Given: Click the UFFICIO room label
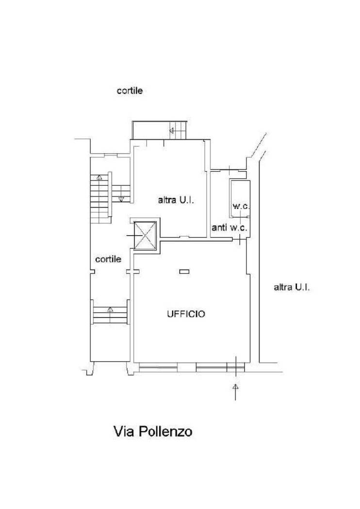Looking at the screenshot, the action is click(x=186, y=314).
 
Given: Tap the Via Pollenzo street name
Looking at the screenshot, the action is click(x=153, y=431).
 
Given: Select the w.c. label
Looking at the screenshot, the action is click(x=241, y=206).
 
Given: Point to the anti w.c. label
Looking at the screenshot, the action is click(x=229, y=227).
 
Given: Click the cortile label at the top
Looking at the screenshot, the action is click(x=130, y=90).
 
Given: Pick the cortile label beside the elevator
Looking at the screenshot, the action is click(x=108, y=259).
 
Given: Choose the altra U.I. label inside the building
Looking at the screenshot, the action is click(x=176, y=200).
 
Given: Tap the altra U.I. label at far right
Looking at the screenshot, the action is click(x=292, y=287).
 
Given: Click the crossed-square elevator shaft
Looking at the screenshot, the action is click(x=145, y=236).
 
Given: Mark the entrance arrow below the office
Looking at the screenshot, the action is click(x=236, y=392).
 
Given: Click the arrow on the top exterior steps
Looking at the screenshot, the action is click(x=172, y=130).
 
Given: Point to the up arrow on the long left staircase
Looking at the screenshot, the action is click(x=99, y=177).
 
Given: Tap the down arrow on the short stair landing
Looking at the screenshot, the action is click(x=121, y=199).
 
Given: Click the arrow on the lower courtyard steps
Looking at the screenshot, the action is click(x=110, y=309).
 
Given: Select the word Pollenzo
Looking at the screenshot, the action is click(x=165, y=431).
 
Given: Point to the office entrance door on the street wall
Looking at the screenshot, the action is click(x=236, y=367).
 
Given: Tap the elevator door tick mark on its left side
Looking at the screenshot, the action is click(x=130, y=236).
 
